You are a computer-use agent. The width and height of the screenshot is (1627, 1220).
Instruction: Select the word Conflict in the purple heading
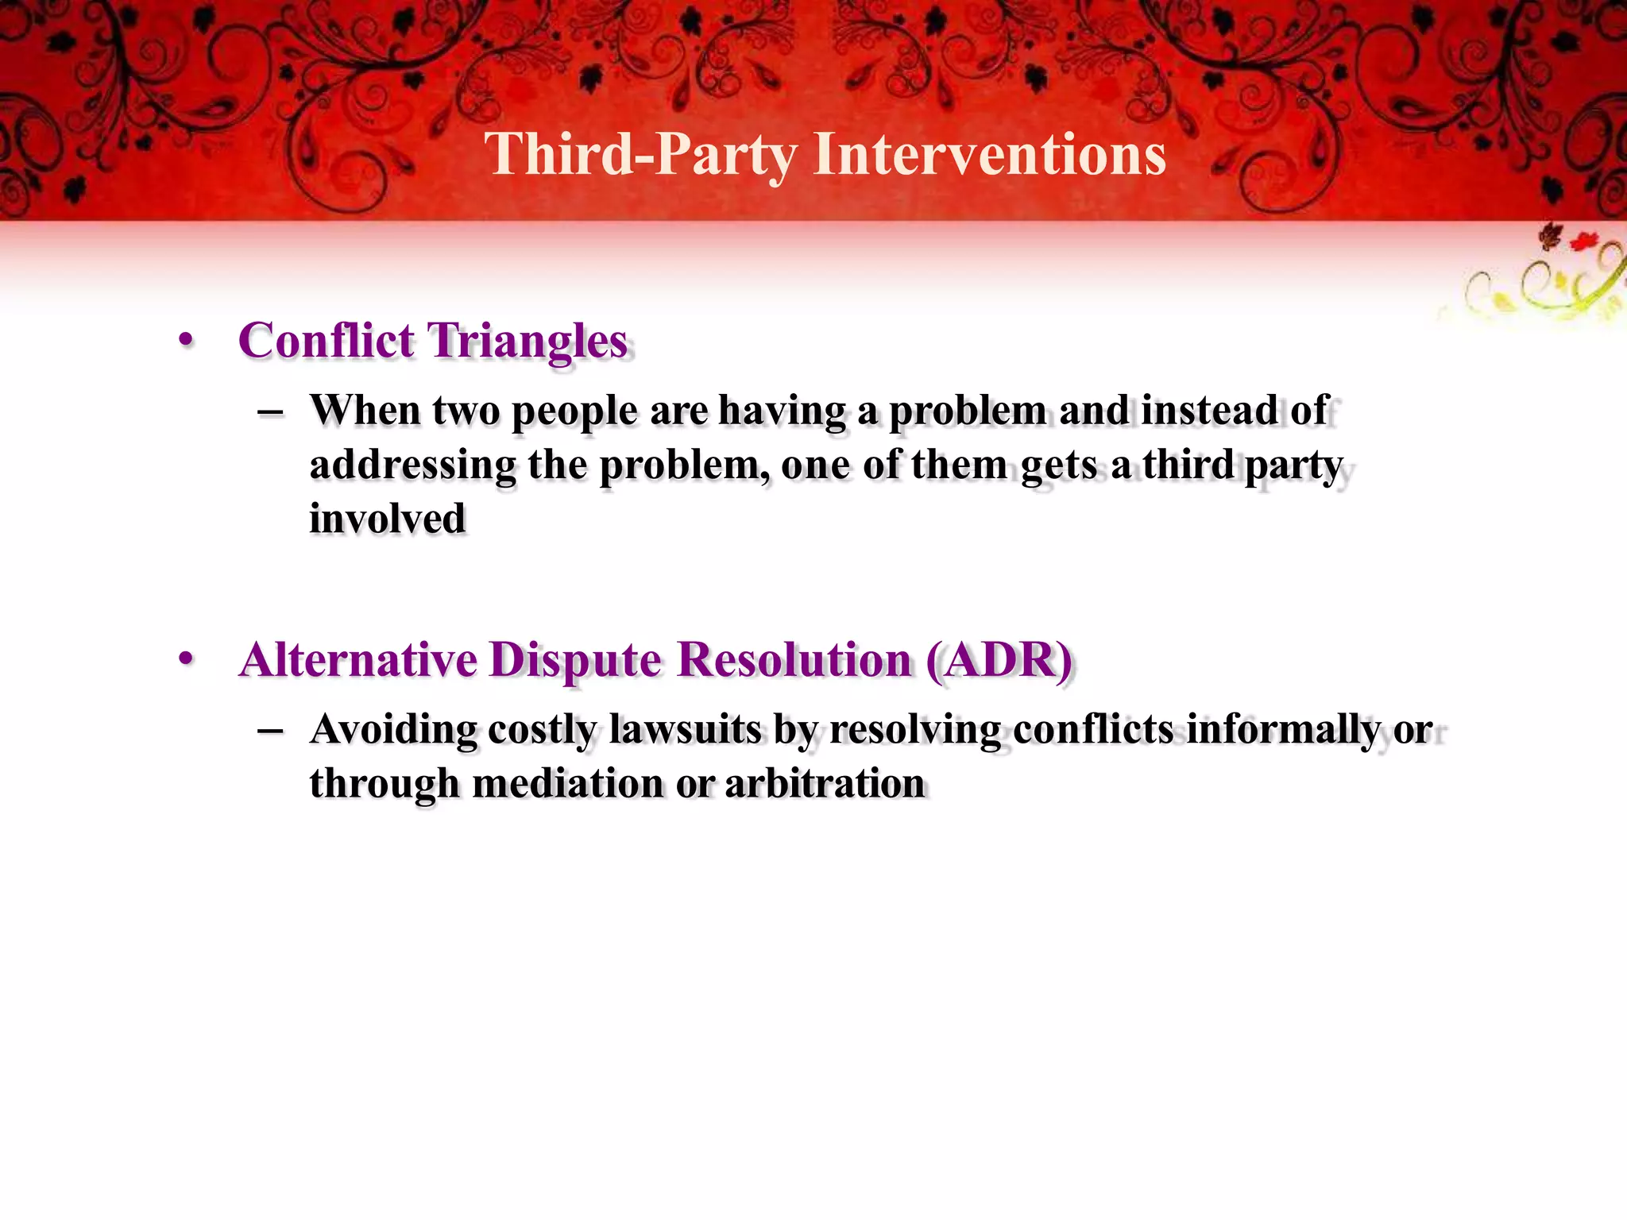[327, 341]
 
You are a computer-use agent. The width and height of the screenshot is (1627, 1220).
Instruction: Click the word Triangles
[528, 342]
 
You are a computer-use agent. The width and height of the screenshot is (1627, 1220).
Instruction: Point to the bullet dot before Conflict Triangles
[186, 341]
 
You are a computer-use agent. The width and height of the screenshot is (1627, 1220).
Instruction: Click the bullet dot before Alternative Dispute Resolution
[186, 658]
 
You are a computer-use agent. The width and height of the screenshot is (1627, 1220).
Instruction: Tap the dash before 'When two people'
[271, 412]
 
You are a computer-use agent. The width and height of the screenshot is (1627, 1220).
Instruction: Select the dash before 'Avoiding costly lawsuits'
[271, 731]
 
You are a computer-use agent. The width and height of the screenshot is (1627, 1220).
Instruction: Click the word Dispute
[574, 661]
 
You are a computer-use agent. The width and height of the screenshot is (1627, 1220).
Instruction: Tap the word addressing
[412, 465]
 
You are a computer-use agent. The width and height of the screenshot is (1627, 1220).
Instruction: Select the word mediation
[566, 784]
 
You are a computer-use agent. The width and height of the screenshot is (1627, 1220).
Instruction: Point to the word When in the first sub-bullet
[365, 411]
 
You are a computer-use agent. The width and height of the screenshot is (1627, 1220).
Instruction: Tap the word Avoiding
[393, 730]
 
